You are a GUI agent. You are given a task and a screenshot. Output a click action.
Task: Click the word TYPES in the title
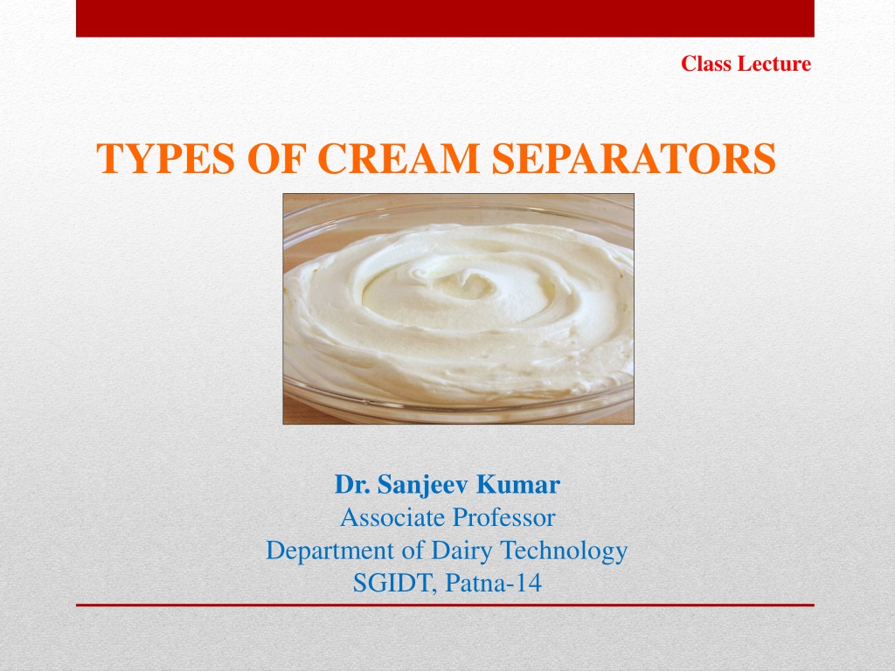point(165,158)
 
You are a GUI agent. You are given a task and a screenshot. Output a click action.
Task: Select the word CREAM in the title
point(399,158)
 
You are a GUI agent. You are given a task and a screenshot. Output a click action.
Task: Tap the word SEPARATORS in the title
point(634,158)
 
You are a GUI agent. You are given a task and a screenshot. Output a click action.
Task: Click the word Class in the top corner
point(706,63)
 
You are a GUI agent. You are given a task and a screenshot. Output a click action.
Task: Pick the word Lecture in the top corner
point(774,63)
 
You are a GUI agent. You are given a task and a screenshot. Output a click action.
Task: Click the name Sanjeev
point(423,485)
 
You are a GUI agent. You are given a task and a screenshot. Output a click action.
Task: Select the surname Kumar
point(517,484)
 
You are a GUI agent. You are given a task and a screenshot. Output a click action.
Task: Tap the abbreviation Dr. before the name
point(353,484)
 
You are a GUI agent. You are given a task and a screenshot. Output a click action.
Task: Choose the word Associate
point(392,517)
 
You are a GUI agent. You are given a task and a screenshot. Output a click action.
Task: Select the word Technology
point(564,551)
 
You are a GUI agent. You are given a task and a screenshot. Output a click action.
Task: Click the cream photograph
point(458,308)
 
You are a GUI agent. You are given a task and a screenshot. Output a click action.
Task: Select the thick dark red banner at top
point(445,18)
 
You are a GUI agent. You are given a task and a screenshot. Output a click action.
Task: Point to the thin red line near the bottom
point(445,605)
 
